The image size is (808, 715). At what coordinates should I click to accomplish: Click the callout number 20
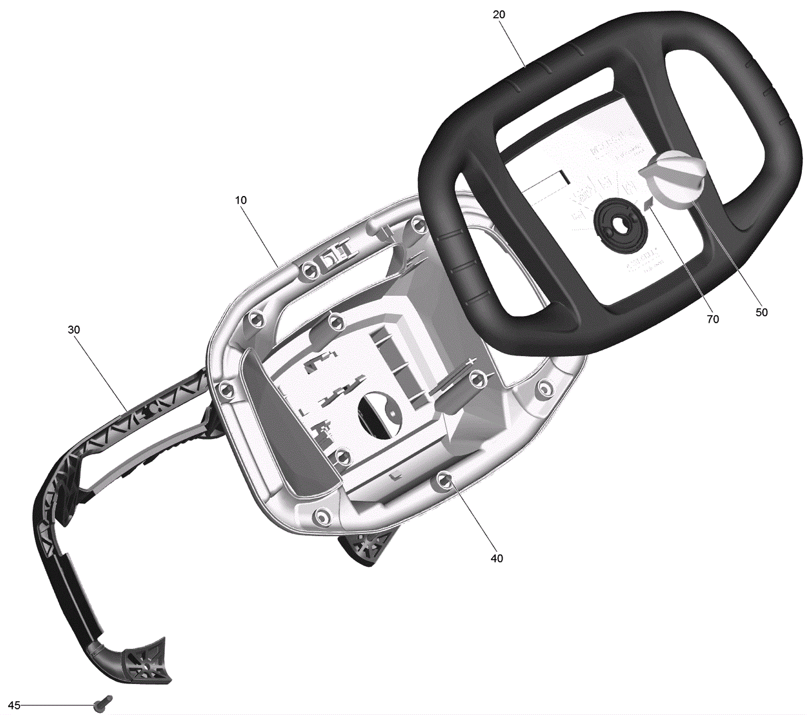click(x=498, y=15)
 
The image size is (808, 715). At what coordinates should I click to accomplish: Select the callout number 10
click(x=241, y=200)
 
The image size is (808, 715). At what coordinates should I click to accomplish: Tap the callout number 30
click(x=74, y=330)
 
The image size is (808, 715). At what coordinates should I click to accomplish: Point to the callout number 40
click(x=497, y=558)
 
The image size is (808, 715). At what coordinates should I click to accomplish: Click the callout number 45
click(x=14, y=705)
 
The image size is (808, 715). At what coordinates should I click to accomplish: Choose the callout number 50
click(x=762, y=312)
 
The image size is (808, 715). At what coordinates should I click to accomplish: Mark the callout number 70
click(x=713, y=319)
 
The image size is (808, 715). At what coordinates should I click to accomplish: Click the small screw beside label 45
click(x=104, y=703)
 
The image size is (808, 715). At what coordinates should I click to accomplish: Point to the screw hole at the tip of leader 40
click(x=445, y=481)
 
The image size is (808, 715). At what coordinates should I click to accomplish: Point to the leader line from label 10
click(x=260, y=234)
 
